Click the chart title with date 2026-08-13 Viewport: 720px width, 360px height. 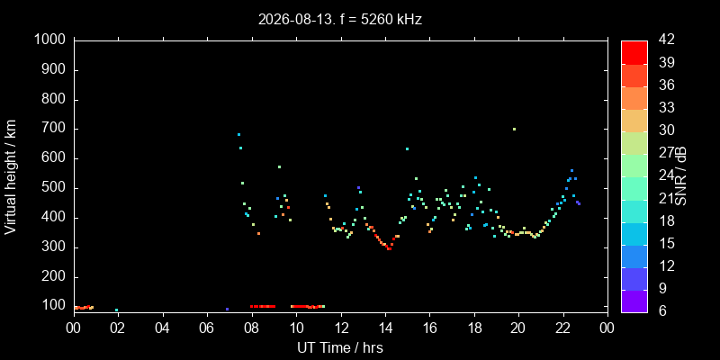pyautogui.click(x=340, y=20)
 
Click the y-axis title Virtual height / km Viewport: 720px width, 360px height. pyautogui.click(x=11, y=177)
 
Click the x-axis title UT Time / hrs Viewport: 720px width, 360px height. pyautogui.click(x=340, y=347)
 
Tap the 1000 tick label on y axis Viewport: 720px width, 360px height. pyautogui.click(x=51, y=40)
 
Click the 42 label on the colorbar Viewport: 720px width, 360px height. pyautogui.click(x=666, y=40)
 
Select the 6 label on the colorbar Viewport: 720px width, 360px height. pyautogui.click(x=662, y=310)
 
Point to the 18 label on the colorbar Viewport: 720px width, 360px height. pyautogui.click(x=666, y=220)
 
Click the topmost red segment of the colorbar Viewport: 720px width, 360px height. pyautogui.click(x=634, y=52)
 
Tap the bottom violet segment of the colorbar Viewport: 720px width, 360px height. pyautogui.click(x=634, y=301)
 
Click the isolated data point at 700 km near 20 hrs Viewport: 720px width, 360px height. pyautogui.click(x=514, y=129)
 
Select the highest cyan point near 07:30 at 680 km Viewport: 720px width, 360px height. pyautogui.click(x=238, y=134)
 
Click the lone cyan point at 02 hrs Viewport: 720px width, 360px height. pyautogui.click(x=117, y=310)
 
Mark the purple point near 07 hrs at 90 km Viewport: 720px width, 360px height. pyautogui.click(x=228, y=309)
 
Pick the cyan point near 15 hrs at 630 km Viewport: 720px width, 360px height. pyautogui.click(x=408, y=148)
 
